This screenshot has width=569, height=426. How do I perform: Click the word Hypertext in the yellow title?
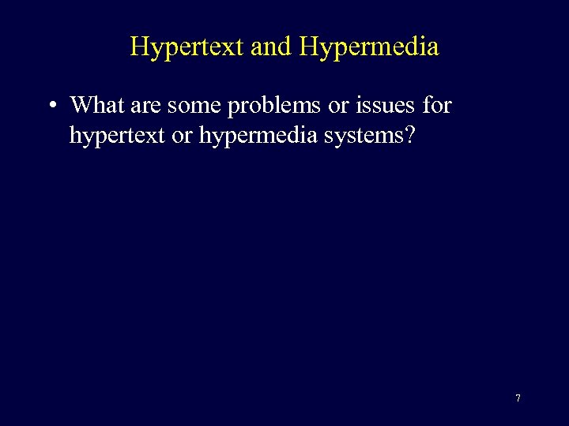point(187,47)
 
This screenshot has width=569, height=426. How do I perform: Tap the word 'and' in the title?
point(271,47)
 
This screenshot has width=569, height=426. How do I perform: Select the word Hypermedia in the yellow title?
point(369,47)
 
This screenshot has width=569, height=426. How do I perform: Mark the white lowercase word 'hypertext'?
point(117,136)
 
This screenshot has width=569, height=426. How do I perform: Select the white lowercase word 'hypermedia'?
point(257,136)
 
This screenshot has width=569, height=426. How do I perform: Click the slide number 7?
point(518,398)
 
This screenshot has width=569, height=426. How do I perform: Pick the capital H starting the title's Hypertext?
point(139,47)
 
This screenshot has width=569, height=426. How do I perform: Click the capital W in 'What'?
point(82,104)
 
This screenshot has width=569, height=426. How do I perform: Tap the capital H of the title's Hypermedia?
point(309,47)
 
